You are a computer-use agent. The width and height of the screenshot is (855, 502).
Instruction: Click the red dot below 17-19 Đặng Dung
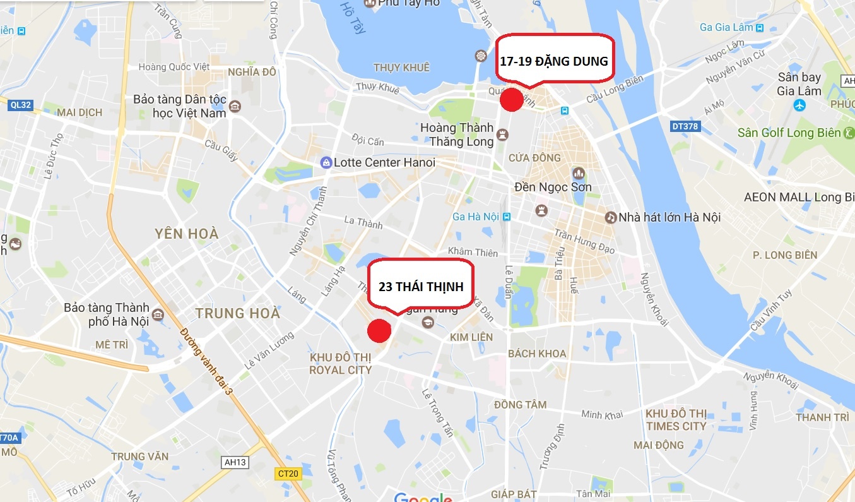(510, 100)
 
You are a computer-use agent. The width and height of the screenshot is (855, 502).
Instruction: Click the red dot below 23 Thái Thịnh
(379, 330)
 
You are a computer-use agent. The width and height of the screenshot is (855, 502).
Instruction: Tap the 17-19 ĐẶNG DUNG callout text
(553, 61)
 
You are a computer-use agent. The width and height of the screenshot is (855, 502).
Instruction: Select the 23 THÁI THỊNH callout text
(421, 287)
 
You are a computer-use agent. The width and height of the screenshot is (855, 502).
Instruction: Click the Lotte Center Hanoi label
(384, 162)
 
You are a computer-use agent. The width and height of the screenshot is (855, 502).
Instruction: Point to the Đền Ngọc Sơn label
(553, 187)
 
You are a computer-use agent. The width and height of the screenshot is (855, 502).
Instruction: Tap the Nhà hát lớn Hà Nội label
(669, 217)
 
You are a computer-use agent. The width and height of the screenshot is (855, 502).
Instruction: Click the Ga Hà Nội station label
(476, 217)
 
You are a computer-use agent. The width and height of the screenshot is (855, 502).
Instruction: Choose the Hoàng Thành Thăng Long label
(457, 134)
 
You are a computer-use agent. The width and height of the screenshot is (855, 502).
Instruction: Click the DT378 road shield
(685, 127)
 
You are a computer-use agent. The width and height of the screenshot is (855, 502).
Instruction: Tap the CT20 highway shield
(288, 473)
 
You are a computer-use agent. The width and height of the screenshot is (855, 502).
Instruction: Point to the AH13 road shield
(235, 462)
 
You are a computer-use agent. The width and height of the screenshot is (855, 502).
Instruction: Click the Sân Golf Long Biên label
(789, 133)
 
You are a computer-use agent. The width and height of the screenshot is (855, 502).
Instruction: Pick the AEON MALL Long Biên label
(798, 197)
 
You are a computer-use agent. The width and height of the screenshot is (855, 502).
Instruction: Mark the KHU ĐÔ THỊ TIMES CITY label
(676, 420)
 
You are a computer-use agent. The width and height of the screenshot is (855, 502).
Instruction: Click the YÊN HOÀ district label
(187, 234)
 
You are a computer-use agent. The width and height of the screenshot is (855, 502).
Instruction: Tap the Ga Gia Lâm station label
(726, 27)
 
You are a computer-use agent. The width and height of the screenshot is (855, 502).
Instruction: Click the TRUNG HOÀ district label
(237, 313)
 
